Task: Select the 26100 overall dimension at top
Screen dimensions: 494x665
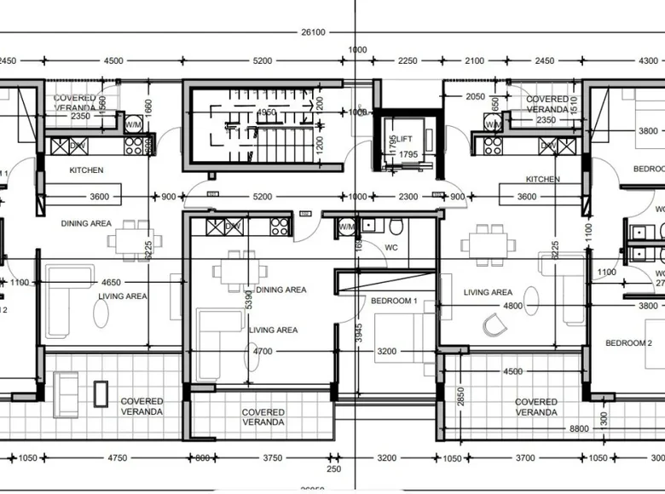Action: click(312, 32)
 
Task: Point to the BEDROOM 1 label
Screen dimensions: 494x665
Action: click(394, 301)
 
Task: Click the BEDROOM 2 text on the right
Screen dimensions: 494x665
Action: click(629, 342)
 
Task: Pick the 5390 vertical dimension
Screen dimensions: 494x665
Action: click(249, 299)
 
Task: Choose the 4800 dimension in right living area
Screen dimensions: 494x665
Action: click(513, 306)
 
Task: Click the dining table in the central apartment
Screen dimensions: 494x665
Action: click(232, 272)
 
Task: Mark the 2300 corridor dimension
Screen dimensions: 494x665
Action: click(408, 197)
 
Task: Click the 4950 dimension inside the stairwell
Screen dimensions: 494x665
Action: click(267, 112)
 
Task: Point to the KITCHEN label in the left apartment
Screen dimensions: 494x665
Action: click(86, 170)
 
